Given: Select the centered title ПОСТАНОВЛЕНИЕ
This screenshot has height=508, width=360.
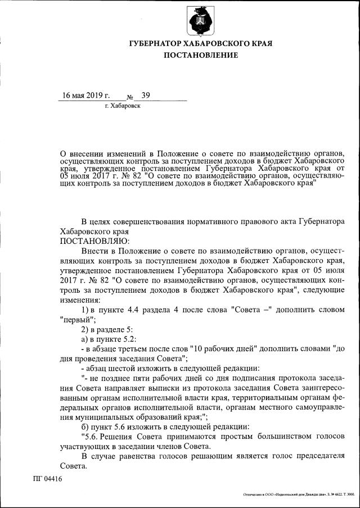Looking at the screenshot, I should point(201,55).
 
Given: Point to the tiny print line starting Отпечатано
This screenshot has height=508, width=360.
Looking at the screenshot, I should point(298,495).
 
